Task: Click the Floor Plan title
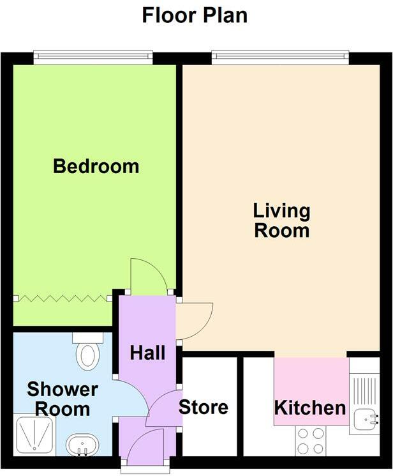tap(195, 15)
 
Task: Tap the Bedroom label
tap(96, 167)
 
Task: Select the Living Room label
tap(281, 220)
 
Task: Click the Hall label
tap(148, 353)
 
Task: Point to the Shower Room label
tap(62, 399)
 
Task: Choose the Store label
tap(203, 407)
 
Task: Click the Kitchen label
tap(310, 408)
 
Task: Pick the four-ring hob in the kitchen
tap(309, 438)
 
